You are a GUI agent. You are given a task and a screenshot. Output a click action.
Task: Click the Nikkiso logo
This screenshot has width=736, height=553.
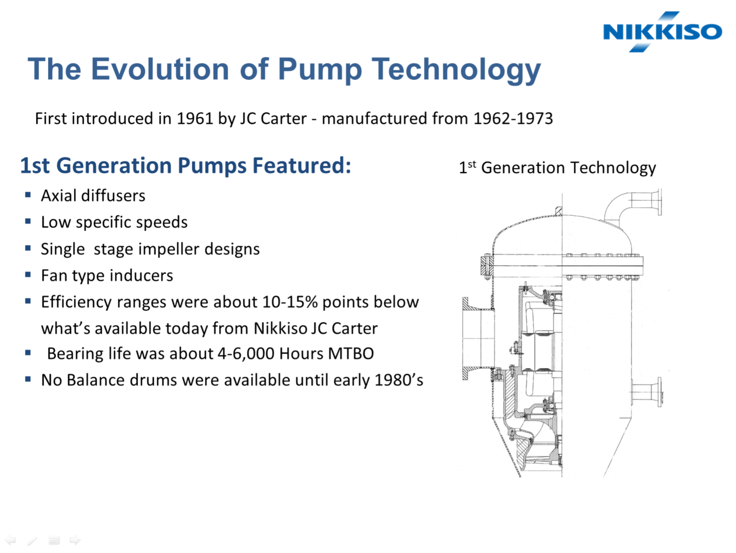[x=662, y=32]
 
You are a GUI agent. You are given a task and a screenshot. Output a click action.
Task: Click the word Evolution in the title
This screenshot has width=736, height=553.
[x=160, y=69]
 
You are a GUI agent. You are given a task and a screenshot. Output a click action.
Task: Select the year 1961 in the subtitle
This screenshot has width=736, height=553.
[x=195, y=118]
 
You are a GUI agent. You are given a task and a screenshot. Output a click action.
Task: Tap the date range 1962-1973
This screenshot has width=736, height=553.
[x=513, y=118]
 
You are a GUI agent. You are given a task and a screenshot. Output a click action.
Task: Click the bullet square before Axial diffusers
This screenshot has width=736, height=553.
[x=28, y=195]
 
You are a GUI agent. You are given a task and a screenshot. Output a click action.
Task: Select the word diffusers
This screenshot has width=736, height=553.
[x=113, y=196]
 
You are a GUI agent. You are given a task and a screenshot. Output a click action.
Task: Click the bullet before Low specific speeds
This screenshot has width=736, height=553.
[x=28, y=221]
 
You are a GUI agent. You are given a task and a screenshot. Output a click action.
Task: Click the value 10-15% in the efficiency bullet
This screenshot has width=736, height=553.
[x=290, y=302]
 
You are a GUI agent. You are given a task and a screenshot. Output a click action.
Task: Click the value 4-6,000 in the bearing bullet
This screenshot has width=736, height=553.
[x=246, y=354]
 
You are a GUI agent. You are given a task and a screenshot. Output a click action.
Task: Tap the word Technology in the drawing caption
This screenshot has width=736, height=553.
[x=613, y=167]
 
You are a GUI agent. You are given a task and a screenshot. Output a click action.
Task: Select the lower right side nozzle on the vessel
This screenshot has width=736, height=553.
[x=647, y=392]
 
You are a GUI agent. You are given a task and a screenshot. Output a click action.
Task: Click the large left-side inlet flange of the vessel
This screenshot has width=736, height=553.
[x=478, y=338]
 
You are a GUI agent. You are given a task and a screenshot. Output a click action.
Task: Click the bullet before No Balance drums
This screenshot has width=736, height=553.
[x=28, y=379]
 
